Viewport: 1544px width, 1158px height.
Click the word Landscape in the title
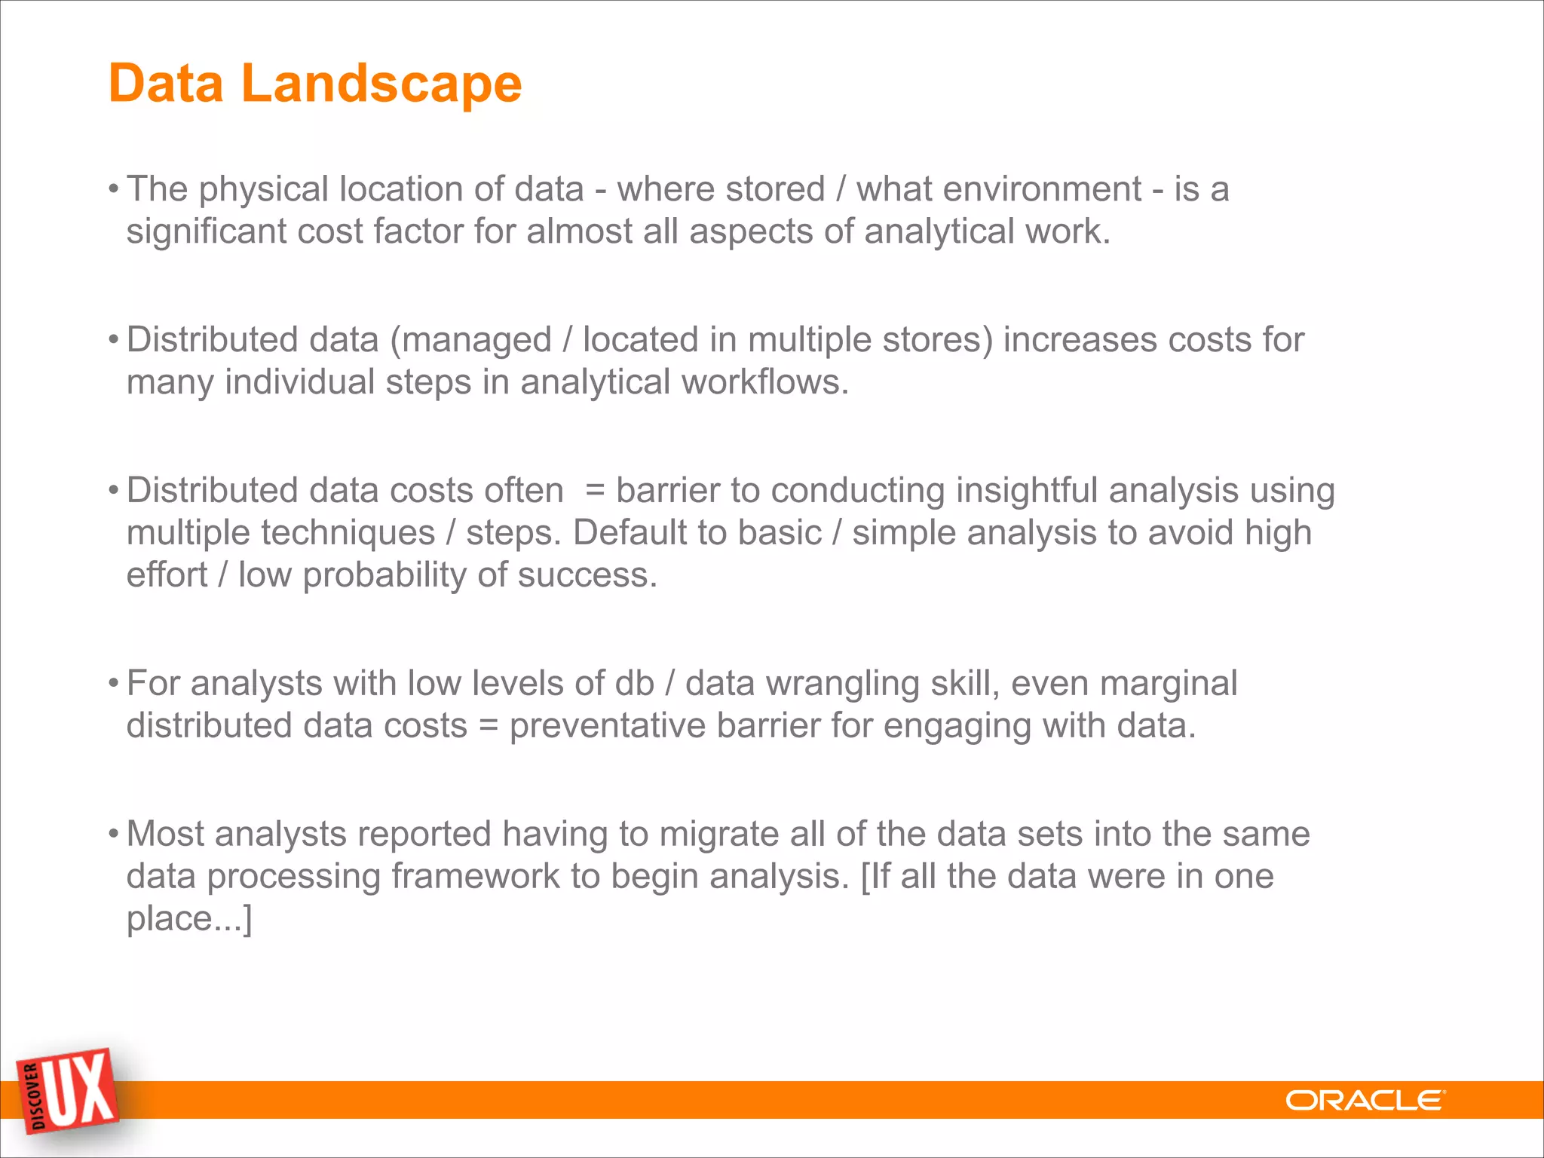381,83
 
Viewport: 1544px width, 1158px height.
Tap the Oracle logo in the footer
1365,1101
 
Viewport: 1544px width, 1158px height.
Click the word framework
475,877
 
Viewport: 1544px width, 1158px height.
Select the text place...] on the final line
188,920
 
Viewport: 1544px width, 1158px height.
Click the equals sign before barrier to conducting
595,492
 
